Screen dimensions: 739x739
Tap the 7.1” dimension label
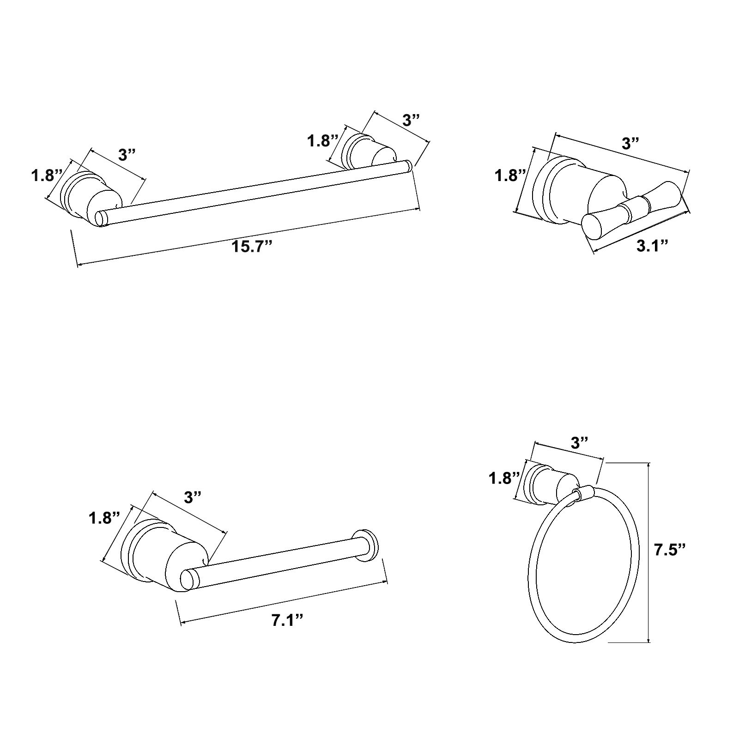coord(287,620)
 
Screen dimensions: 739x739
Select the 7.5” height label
coord(669,550)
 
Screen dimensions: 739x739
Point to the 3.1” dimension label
coord(653,246)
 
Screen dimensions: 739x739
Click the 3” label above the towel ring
coord(579,443)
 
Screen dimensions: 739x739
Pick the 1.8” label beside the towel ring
coord(505,478)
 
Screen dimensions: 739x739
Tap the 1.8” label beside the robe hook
coord(510,176)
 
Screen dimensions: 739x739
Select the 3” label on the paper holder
coord(193,497)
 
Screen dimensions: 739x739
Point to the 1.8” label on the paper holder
coord(104,518)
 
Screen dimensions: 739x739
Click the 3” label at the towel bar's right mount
coord(411,121)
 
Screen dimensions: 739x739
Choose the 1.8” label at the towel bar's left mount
coord(47,176)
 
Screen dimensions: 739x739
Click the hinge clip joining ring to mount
coord(583,494)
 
